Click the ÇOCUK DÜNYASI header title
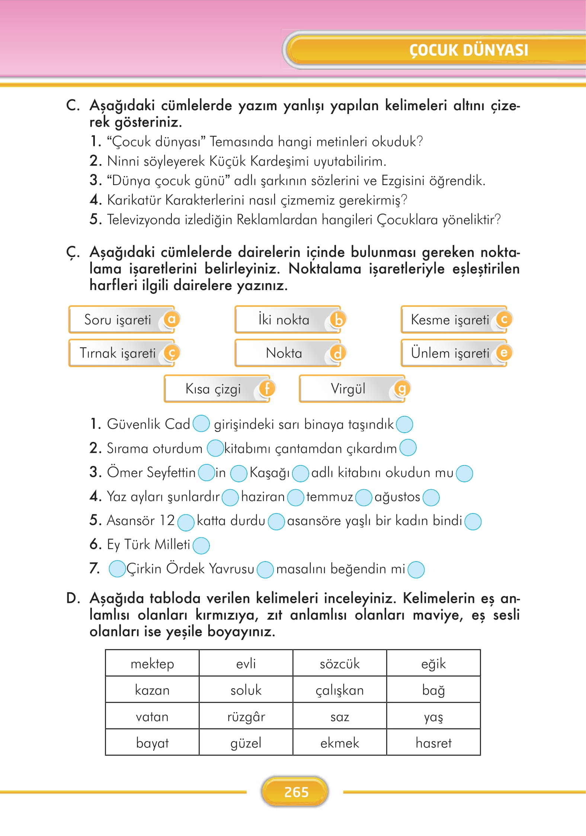(468, 50)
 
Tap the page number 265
(296, 792)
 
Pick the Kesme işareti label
(449, 320)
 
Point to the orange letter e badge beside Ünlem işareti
(504, 353)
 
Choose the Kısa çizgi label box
(213, 389)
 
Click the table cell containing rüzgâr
(246, 716)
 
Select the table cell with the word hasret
(433, 743)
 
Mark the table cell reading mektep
(152, 664)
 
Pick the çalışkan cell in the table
(340, 690)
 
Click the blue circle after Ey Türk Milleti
(201, 545)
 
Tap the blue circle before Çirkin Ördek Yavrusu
(117, 569)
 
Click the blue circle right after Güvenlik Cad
(201, 424)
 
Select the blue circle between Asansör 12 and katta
(186, 522)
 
